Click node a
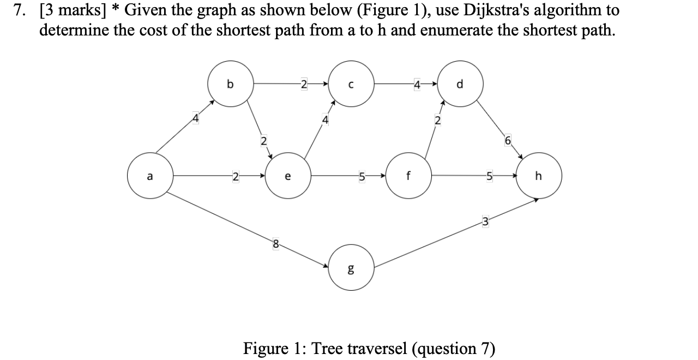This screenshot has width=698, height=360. pos(150,176)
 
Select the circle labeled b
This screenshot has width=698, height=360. pos(230,84)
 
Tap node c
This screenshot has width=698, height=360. pos(351,84)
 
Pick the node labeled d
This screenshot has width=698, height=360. pos(460,84)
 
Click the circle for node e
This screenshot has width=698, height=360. pos(288,176)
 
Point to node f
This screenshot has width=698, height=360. pos(408,176)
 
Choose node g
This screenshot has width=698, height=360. pos(351,268)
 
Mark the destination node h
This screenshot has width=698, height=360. pos(539,176)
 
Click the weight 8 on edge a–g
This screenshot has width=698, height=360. pos(276,244)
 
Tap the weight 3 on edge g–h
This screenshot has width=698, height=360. pos(484,221)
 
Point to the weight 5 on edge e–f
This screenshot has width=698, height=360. pos(361,176)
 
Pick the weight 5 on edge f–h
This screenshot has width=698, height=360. pos(489,176)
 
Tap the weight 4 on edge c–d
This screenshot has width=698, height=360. pos(417,84)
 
